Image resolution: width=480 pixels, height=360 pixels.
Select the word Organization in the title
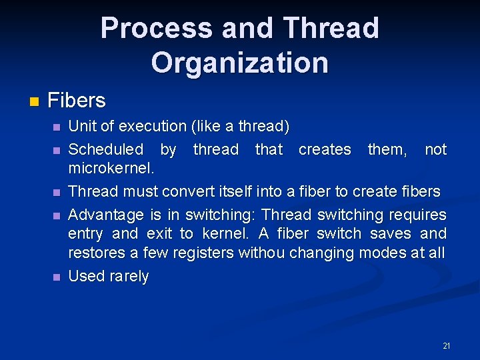pyautogui.click(x=240, y=63)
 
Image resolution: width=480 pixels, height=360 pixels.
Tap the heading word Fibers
pyautogui.click(x=77, y=101)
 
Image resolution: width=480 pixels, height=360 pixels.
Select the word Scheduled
pyautogui.click(x=105, y=149)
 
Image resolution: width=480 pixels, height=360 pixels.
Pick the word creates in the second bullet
pyautogui.click(x=325, y=149)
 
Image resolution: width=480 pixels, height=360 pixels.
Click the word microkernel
pyautogui.click(x=111, y=168)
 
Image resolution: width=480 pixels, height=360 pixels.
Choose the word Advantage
pyautogui.click(x=106, y=215)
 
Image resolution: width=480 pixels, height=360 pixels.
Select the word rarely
pyautogui.click(x=128, y=276)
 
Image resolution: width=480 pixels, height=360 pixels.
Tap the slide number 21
pyautogui.click(x=446, y=346)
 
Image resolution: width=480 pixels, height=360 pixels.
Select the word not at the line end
pyautogui.click(x=435, y=149)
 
